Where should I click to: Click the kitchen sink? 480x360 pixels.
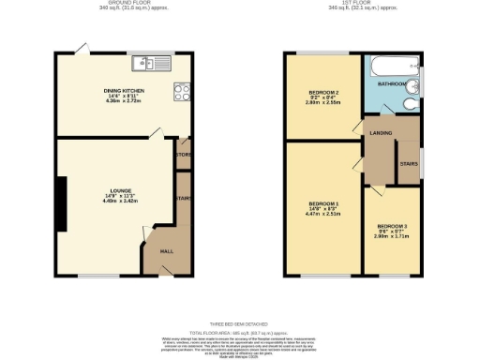click(x=149, y=64)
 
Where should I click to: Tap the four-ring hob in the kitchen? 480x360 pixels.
click(x=181, y=92)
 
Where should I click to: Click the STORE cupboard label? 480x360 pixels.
click(x=184, y=155)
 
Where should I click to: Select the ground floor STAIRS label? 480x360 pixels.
click(x=183, y=199)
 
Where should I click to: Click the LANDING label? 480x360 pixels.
click(x=382, y=133)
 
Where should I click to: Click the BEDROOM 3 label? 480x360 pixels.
click(x=392, y=227)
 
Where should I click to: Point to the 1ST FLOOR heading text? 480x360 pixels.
click(x=354, y=3)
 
